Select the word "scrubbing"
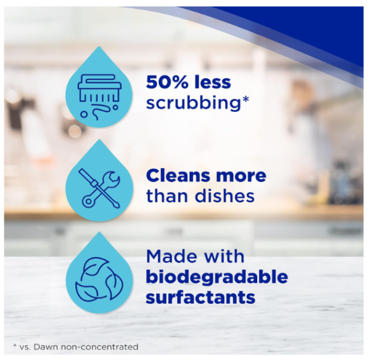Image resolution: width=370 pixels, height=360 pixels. [193, 103]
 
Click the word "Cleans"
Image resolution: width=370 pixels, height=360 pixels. [177, 175]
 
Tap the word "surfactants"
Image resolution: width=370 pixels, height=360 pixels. [200, 296]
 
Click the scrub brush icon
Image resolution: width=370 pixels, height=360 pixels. [99, 96]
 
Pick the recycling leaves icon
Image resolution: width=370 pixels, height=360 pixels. [99, 280]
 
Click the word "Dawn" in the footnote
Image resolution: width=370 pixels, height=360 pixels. [46, 347]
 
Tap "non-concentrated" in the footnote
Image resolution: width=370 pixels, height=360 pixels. [99, 347]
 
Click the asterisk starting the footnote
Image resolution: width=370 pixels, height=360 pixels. [15, 346]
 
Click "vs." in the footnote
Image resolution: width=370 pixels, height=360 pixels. [25, 348]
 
